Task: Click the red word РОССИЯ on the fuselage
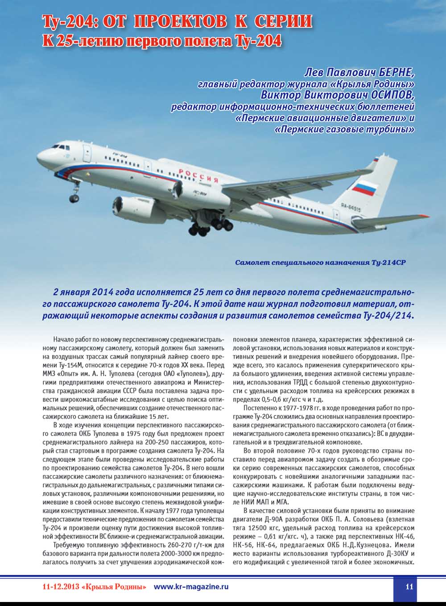tap(198, 175)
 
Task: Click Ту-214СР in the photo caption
tap(388, 263)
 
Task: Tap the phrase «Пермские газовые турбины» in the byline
tap(345, 130)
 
